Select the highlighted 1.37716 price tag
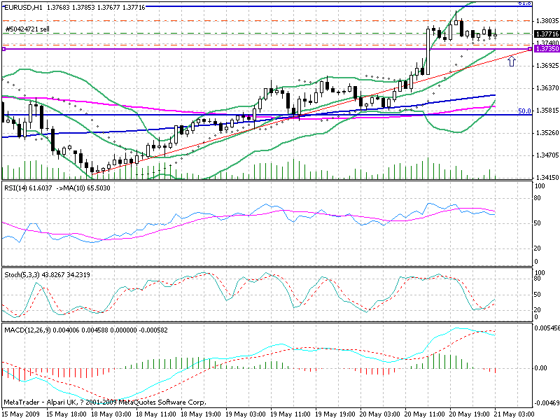(546, 34)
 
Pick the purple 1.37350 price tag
(546, 49)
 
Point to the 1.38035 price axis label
(545, 21)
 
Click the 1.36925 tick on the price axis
(545, 66)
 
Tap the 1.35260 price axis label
(545, 133)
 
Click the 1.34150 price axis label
(545, 178)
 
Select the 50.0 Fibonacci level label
(523, 111)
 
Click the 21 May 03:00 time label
(518, 414)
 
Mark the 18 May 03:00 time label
(111, 414)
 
